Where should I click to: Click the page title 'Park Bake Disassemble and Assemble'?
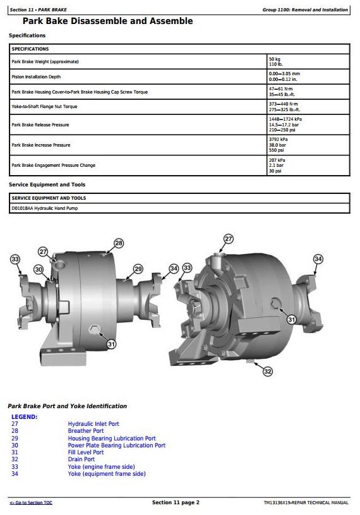(107, 21)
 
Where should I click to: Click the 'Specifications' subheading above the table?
(27, 35)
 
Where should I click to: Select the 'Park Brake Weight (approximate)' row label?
(45, 61)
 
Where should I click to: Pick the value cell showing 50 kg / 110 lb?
(275, 61)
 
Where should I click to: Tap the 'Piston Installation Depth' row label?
(36, 76)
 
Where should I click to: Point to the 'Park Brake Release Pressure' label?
(40, 125)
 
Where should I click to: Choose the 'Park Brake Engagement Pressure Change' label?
(54, 165)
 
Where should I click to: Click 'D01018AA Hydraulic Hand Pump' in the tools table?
(45, 209)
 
